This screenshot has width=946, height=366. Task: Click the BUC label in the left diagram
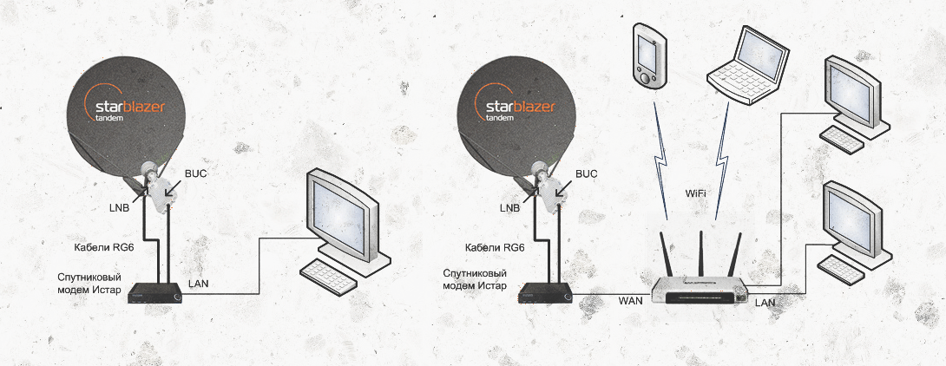coord(197,173)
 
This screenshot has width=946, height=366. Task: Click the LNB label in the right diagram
coord(509,208)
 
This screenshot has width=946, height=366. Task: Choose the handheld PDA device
coord(649,57)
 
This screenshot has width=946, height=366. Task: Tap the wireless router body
coord(698,291)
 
